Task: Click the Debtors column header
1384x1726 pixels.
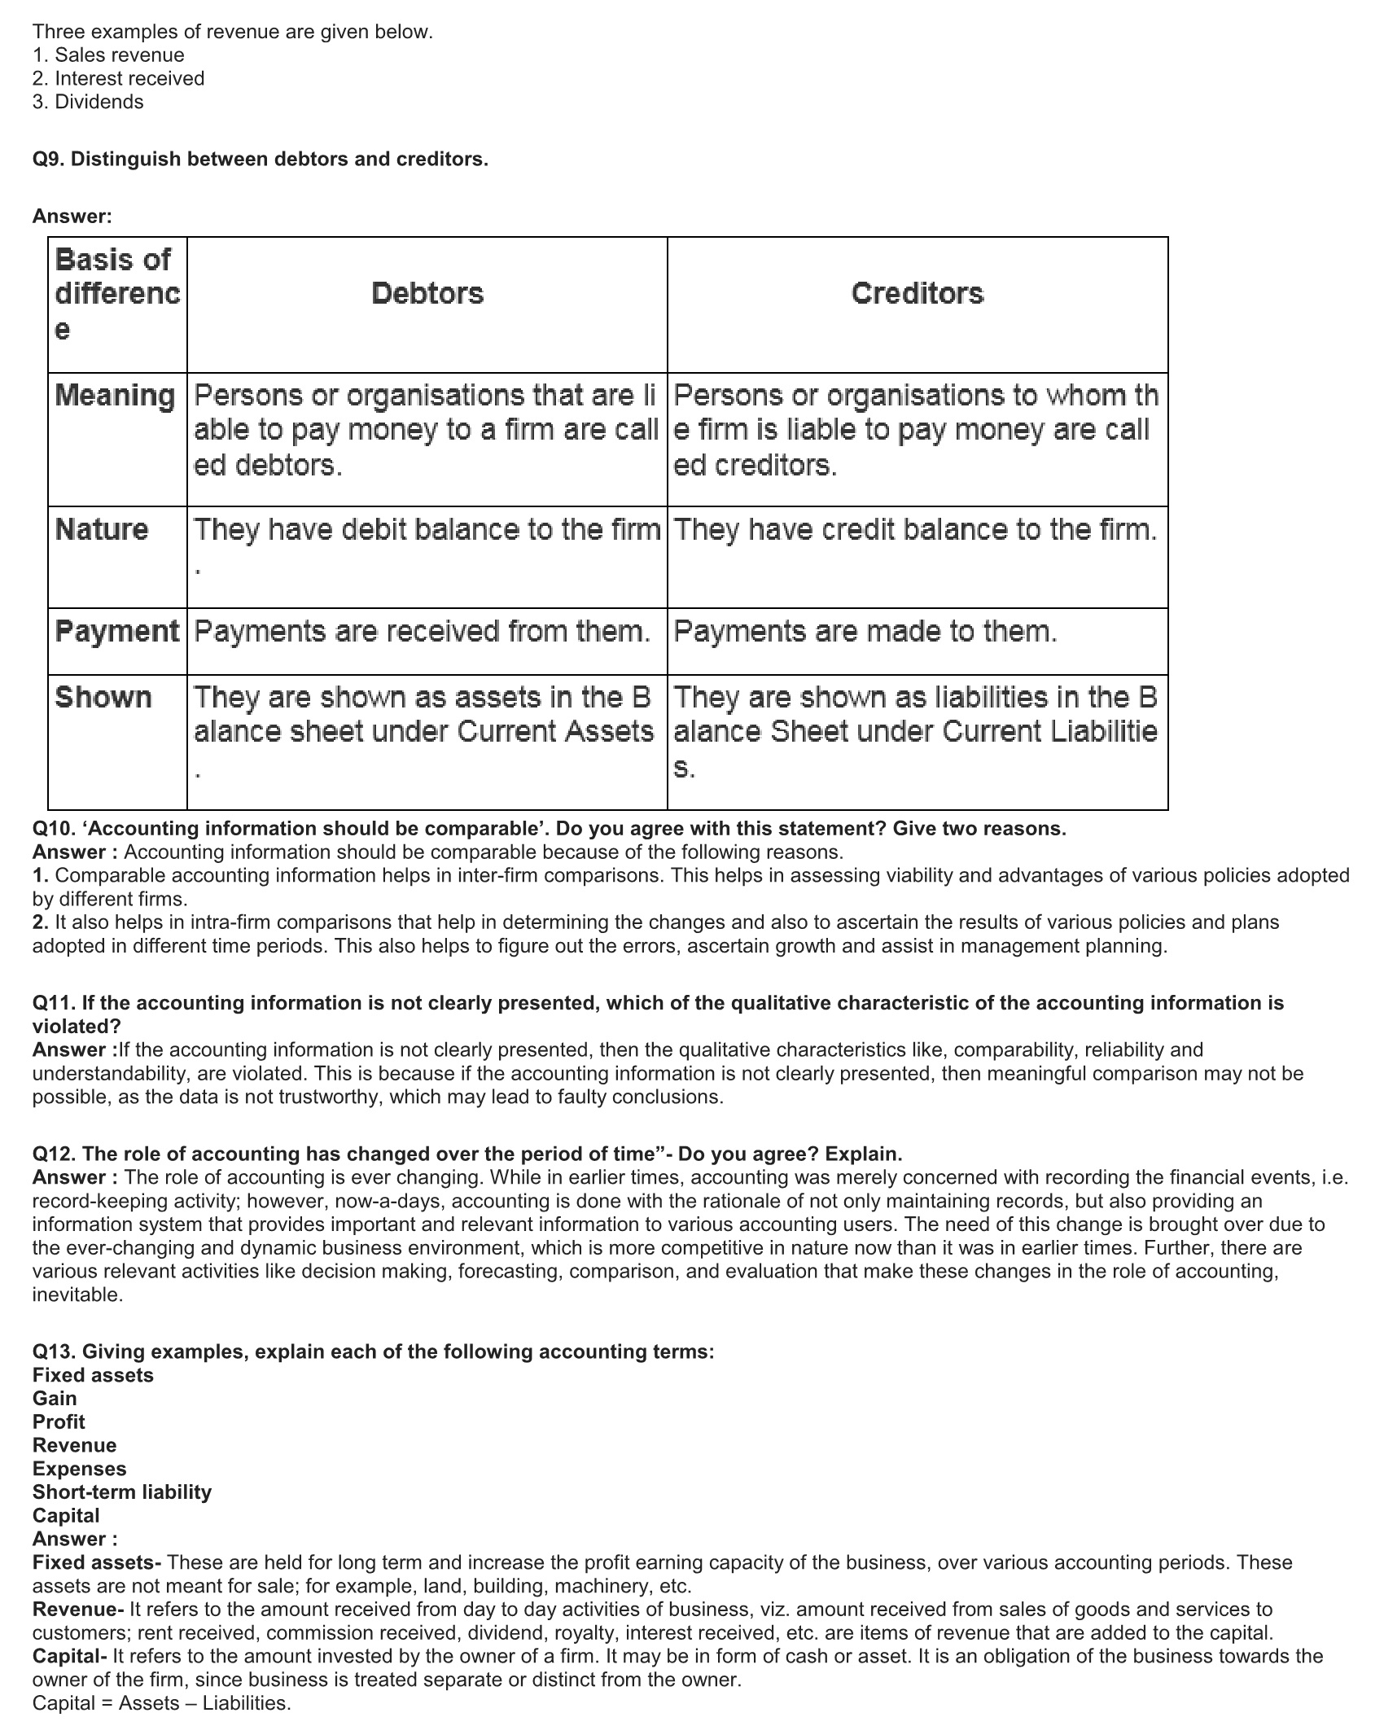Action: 427,294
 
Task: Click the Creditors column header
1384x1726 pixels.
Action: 918,294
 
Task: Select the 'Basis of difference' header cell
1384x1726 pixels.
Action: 117,294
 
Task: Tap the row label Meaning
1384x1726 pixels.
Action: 116,396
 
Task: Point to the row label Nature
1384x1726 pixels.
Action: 102,530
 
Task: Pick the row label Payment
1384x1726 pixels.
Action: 117,632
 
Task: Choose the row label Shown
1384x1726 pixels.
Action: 103,698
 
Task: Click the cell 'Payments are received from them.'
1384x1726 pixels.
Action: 422,632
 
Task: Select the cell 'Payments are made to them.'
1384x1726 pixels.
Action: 865,632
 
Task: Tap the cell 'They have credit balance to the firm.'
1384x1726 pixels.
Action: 915,530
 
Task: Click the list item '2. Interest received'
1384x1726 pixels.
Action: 118,79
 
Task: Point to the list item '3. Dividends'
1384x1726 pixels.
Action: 88,103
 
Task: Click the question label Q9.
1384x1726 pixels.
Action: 48,160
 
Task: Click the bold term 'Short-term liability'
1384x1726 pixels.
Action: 122,1492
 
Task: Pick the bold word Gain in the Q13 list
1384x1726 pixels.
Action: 55,1399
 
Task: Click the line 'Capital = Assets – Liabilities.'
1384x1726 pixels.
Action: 161,1703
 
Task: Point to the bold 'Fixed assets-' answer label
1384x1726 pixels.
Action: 97,1562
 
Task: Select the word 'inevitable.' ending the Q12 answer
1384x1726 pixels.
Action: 77,1295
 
